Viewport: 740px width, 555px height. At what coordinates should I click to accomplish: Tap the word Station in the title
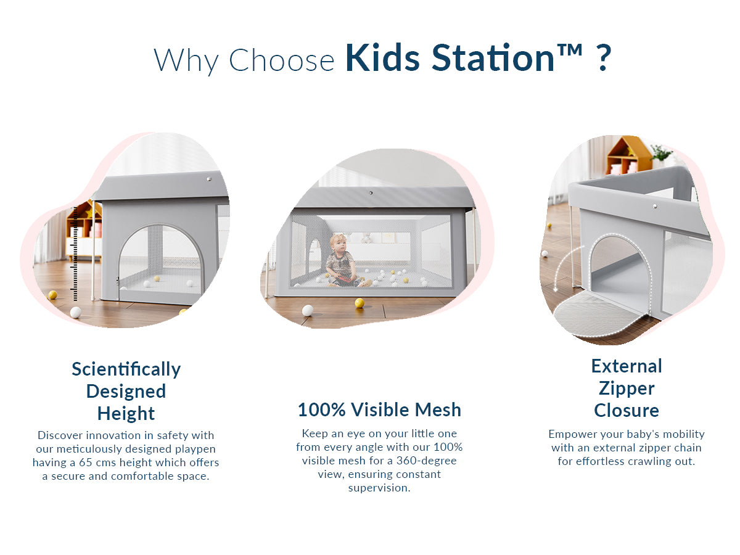click(x=493, y=57)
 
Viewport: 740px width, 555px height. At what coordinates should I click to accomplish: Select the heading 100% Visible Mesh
click(x=380, y=409)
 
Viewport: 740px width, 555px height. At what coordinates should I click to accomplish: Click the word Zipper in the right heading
click(x=627, y=388)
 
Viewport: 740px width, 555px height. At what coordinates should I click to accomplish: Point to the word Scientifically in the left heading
click(x=126, y=369)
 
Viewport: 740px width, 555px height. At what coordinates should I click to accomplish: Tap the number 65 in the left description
click(x=86, y=462)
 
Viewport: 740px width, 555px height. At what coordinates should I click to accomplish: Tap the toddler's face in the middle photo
click(x=338, y=244)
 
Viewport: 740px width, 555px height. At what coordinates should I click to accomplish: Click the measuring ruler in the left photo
click(x=75, y=253)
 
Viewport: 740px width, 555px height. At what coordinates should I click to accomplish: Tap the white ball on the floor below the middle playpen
click(x=308, y=310)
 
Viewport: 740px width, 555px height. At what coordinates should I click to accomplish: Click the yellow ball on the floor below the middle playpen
click(x=360, y=303)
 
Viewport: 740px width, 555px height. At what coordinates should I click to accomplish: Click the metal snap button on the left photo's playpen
click(x=209, y=179)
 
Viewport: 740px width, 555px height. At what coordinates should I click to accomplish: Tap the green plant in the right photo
click(x=661, y=153)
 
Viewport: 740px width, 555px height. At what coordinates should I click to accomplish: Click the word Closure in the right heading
click(x=627, y=411)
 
